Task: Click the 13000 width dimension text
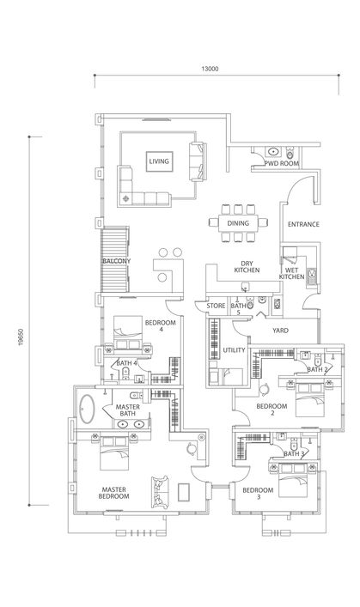[x=210, y=69]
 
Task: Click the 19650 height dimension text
[x=21, y=337]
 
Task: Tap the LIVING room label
[x=159, y=161]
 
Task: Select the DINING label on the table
[x=238, y=223]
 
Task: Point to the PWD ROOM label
[x=282, y=163]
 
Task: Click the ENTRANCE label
[x=303, y=224]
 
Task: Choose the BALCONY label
[x=116, y=261]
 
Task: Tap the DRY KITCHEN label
[x=247, y=267]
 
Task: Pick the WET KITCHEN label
[x=292, y=273]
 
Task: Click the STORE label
[x=216, y=306]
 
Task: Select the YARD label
[x=280, y=331]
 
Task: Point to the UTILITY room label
[x=234, y=350]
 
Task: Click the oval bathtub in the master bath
[x=87, y=409]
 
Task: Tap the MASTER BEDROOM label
[x=114, y=493]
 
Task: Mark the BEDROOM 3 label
[x=258, y=493]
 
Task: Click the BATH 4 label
[x=126, y=363]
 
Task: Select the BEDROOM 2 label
[x=272, y=410]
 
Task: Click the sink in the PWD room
[x=273, y=151]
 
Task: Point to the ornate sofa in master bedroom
[x=160, y=492]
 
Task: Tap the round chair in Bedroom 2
[x=265, y=389]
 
